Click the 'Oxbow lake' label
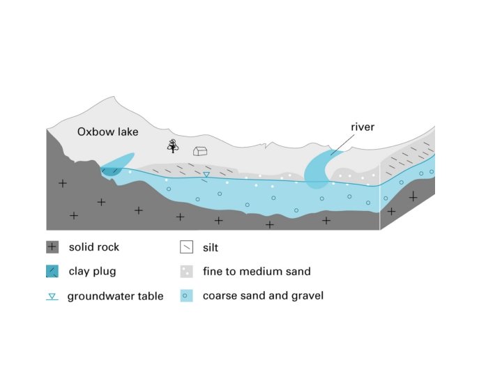click(108, 132)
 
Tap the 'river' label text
click(363, 127)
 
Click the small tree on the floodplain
click(172, 146)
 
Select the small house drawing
click(201, 150)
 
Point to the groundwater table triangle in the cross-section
click(206, 174)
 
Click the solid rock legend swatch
click(52, 247)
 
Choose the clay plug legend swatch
click(52, 272)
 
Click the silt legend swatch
click(186, 247)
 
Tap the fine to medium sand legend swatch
click(186, 272)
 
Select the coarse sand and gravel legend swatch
click(186, 296)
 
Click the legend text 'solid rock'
click(94, 247)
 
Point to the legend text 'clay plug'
click(92, 272)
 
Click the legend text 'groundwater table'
click(115, 297)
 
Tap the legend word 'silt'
click(211, 247)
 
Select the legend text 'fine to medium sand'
click(257, 272)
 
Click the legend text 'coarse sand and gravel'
click(263, 296)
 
